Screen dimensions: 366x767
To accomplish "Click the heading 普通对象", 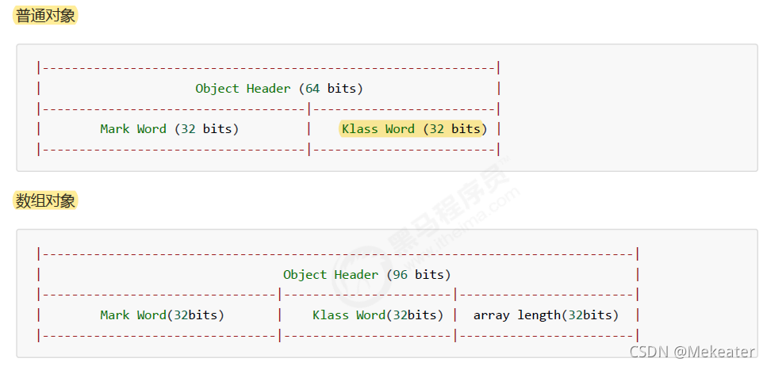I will coord(45,15).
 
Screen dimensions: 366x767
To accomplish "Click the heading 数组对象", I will coord(45,201).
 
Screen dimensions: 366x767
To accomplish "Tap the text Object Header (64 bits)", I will coord(279,89).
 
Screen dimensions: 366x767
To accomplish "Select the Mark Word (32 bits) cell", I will coord(169,128).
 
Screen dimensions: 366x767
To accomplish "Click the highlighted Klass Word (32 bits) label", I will coord(412,128).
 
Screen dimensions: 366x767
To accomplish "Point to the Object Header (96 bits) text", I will coord(366,275).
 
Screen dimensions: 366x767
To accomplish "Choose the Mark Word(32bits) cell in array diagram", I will coord(162,315).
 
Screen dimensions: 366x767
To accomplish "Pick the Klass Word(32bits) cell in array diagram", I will coord(378,315).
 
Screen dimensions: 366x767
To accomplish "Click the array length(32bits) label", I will coord(546,315).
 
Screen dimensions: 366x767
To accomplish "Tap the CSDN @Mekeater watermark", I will coord(692,351).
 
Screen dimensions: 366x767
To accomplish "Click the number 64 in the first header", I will coord(313,89).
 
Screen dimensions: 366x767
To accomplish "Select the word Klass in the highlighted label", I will coord(359,128).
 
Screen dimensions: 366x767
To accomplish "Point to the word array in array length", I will coord(492,315).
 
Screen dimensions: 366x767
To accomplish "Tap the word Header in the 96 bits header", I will coord(356,275).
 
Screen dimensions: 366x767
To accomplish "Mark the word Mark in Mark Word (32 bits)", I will coord(115,128).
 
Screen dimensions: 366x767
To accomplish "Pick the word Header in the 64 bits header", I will coord(268,89).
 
